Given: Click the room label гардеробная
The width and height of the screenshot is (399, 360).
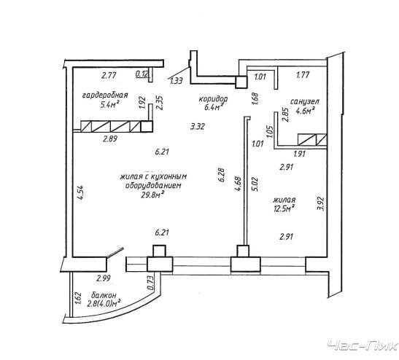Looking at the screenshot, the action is pos(105,95).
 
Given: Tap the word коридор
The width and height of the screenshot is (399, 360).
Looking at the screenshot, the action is pos(213,98).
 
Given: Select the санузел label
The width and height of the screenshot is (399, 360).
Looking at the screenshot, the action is pos(305,102).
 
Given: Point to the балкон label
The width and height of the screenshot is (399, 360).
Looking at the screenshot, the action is pos(104,295).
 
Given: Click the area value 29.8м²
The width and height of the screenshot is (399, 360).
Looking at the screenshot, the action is pos(152,195).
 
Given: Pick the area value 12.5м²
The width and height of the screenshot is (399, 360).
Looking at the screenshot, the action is pos(284,208).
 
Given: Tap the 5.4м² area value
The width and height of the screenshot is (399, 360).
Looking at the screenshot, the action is pos(110,104).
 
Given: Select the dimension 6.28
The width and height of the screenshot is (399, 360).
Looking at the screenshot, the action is pos(222,175).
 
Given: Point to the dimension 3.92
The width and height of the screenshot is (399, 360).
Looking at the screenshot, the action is pos(321,204).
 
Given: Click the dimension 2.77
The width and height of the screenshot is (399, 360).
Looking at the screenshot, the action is pos(109,76).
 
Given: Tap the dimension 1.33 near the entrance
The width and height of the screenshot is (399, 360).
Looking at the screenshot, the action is pos(177,81).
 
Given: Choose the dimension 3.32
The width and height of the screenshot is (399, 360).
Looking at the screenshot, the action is pos(198,126).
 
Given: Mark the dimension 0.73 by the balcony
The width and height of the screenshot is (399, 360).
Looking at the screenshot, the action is pos(151,283).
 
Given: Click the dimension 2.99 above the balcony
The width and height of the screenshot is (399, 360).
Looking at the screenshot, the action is pos(104,278).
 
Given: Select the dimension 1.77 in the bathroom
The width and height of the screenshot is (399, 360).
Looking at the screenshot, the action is pos(303,75).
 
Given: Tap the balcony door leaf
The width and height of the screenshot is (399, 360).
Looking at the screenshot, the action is pos(115,252).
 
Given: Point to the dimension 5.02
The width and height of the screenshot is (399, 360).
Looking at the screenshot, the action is pos(256,184).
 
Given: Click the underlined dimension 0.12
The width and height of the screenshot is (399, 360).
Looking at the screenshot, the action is pos(142,74).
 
